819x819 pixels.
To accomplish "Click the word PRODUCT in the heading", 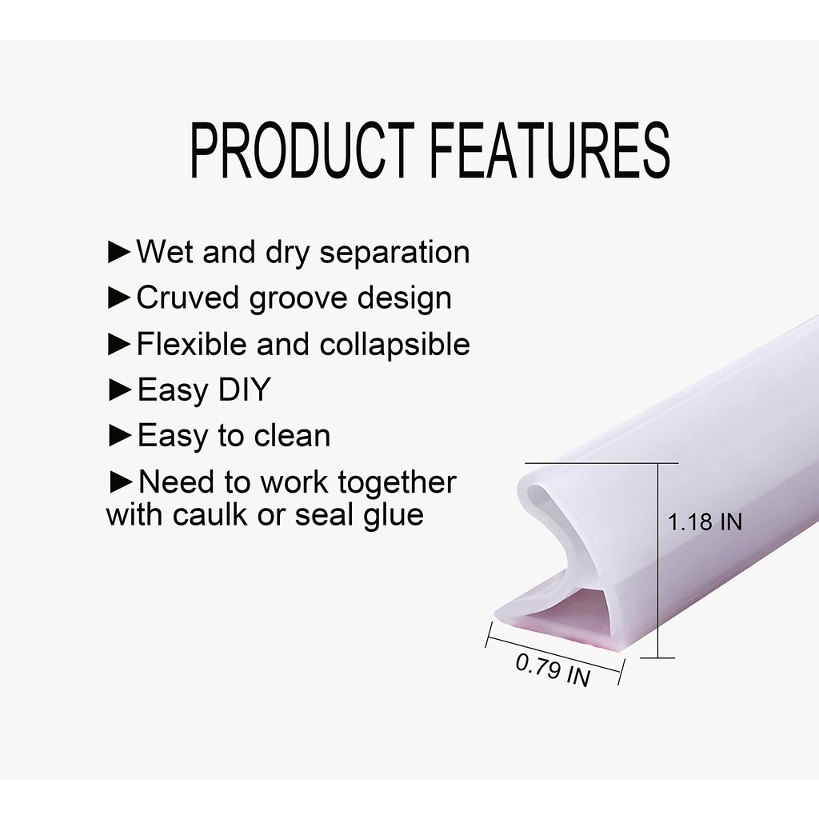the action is pyautogui.click(x=302, y=150).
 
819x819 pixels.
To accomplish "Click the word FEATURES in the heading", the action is pyautogui.click(x=550, y=150).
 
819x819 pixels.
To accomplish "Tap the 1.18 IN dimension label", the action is pyautogui.click(x=705, y=521).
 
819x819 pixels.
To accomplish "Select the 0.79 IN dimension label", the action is pyautogui.click(x=553, y=669).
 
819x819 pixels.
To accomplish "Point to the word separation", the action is pyautogui.click(x=394, y=252).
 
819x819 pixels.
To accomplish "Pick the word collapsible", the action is pyautogui.click(x=394, y=344).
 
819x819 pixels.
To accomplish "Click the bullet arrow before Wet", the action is pyautogui.click(x=120, y=252).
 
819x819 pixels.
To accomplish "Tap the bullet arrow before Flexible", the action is pyautogui.click(x=120, y=344).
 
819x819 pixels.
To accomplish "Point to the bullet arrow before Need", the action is pyautogui.click(x=122, y=482).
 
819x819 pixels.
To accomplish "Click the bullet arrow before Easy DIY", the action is pyautogui.click(x=120, y=390).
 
